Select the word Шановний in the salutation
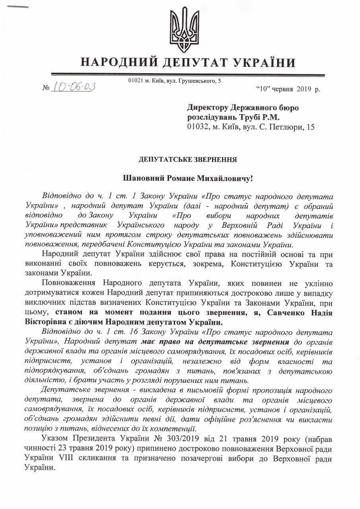click(138, 179)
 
